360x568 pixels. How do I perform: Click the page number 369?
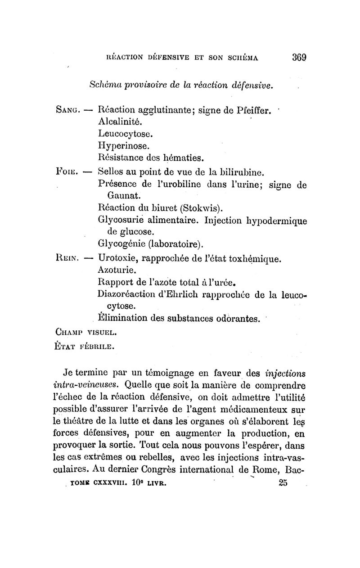pos(299,57)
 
